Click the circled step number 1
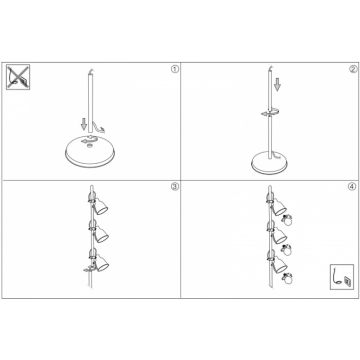[175, 69]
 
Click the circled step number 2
[353, 69]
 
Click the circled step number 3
[175, 186]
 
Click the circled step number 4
[352, 186]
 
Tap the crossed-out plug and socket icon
[18, 77]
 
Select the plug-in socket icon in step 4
[342, 277]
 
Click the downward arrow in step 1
[84, 124]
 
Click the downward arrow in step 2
[277, 84]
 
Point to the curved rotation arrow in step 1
[89, 139]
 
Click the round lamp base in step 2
[270, 163]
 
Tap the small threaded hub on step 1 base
[89, 146]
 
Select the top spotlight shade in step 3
[101, 206]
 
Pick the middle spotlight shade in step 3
[101, 234]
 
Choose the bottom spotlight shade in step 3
[102, 263]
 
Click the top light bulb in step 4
[287, 221]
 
